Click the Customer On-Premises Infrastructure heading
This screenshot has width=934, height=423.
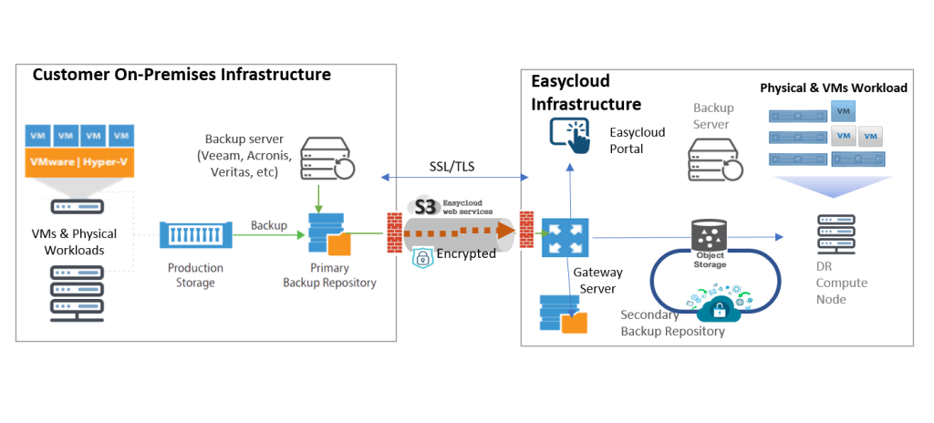point(182,74)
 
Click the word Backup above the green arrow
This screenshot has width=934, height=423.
point(269,225)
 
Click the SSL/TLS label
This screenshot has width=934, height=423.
point(453,167)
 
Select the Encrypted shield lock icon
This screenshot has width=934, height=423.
point(422,259)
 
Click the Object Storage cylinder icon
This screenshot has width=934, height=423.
point(710,235)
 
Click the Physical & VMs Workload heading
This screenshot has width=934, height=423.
point(834,88)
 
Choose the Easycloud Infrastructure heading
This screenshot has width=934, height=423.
point(586,93)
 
